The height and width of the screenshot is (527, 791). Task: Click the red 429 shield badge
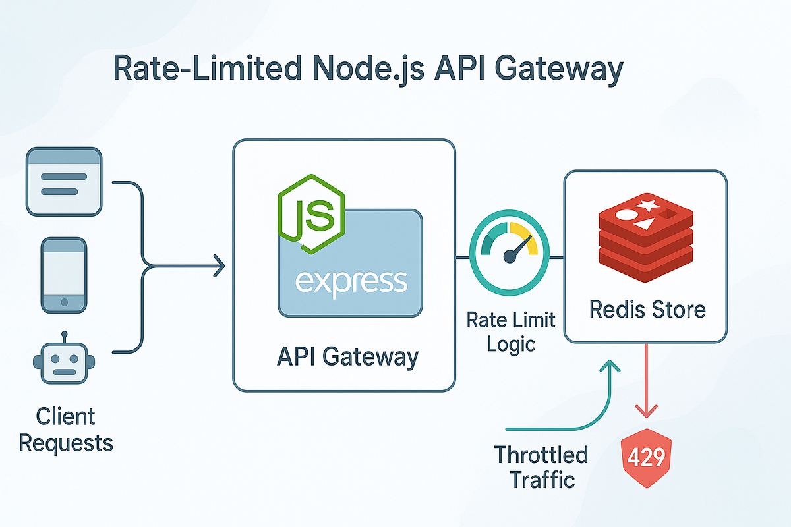(x=645, y=457)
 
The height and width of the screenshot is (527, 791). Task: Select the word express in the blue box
(x=351, y=281)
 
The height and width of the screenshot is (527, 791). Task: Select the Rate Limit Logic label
(x=511, y=332)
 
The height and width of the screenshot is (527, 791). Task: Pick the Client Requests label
(x=66, y=429)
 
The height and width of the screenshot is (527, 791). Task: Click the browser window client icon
(x=64, y=181)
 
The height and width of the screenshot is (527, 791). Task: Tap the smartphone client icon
(x=64, y=275)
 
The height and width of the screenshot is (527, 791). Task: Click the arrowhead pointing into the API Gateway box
(x=220, y=267)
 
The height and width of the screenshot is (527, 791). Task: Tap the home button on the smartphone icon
(x=64, y=302)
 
